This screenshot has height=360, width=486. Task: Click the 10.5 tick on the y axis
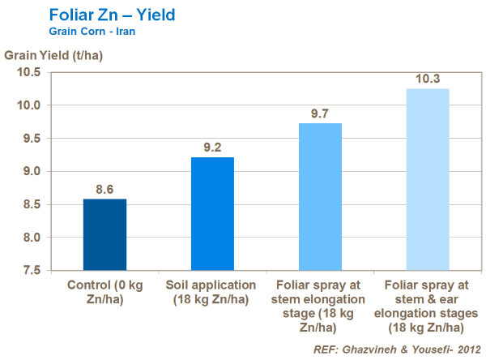[x=30, y=72]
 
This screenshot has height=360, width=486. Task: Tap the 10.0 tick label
[x=30, y=105]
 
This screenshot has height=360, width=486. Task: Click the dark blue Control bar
[x=105, y=234]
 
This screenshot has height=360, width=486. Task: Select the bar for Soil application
[x=212, y=213]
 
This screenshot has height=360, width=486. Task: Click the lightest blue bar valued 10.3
[x=427, y=179]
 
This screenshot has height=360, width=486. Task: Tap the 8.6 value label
[x=105, y=189]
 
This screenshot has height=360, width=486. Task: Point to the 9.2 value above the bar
[x=212, y=148]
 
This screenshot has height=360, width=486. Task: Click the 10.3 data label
[x=427, y=79]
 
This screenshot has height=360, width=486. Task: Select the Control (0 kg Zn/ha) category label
[x=105, y=292]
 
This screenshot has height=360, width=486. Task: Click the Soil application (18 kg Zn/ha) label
[x=212, y=292]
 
